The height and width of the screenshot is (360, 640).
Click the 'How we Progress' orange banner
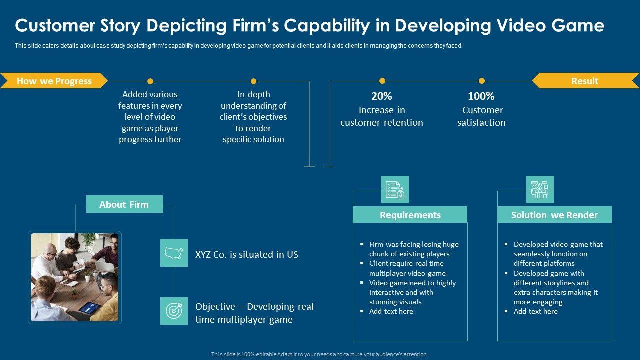click(54, 81)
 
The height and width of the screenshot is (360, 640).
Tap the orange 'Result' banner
click(585, 81)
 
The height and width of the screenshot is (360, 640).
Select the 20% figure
click(381, 96)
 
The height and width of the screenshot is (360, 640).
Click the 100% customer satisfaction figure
click(481, 96)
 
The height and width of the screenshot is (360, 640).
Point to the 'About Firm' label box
click(124, 204)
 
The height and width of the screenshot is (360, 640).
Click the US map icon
click(174, 253)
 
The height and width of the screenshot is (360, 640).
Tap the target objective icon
click(174, 311)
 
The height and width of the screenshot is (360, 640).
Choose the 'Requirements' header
click(410, 215)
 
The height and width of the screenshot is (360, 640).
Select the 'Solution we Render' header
click(554, 215)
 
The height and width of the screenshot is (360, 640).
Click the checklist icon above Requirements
click(395, 189)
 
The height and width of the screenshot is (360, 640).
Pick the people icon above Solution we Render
click(540, 189)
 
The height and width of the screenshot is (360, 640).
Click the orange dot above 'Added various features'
click(150, 81)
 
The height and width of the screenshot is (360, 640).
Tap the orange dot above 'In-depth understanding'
click(253, 81)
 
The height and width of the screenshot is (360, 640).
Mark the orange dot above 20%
click(382, 81)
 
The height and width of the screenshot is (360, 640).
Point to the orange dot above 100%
click(481, 81)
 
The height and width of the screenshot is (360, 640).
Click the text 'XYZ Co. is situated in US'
click(246, 254)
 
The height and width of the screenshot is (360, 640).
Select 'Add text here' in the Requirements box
click(391, 311)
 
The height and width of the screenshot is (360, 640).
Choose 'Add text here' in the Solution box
click(535, 311)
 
